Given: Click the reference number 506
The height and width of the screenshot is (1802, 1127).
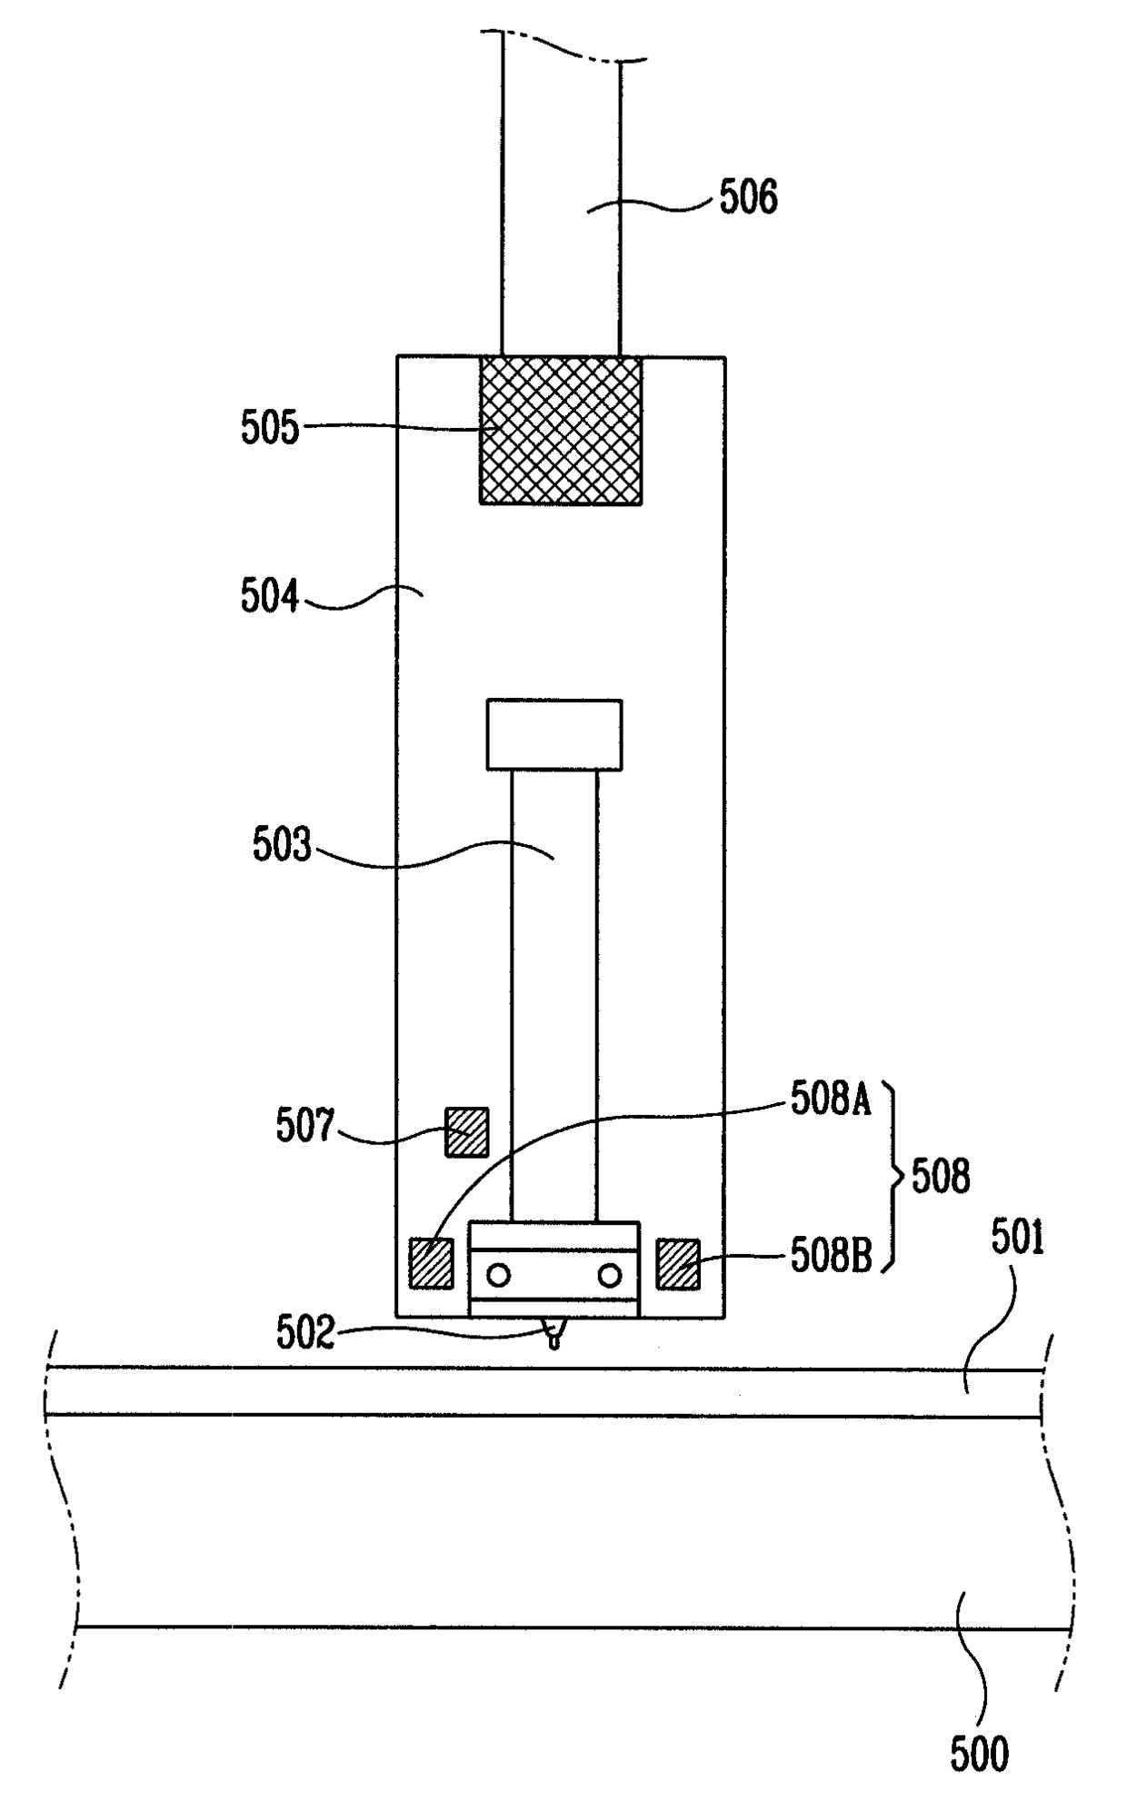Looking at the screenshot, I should pyautogui.click(x=748, y=197).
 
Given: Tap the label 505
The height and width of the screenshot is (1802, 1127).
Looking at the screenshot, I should pyautogui.click(x=269, y=428).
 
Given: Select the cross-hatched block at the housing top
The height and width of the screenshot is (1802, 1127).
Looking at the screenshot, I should pyautogui.click(x=561, y=430).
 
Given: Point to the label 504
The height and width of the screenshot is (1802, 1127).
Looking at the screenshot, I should pyautogui.click(x=269, y=597).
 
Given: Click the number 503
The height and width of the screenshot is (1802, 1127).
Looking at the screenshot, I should pyautogui.click(x=282, y=846).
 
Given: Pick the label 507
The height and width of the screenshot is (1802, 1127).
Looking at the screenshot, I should pyautogui.click(x=305, y=1127).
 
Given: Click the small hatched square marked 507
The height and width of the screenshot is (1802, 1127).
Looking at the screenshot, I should pyautogui.click(x=466, y=1132).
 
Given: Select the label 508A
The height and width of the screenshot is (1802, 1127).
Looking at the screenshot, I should pyautogui.click(x=831, y=1100).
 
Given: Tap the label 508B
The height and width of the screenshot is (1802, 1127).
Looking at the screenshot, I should pyautogui.click(x=831, y=1256).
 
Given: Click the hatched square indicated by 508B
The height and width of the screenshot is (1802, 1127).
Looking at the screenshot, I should pyautogui.click(x=678, y=1263).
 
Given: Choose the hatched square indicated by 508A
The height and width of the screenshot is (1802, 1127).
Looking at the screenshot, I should pyautogui.click(x=432, y=1263).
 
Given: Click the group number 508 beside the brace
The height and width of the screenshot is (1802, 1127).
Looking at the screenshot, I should pyautogui.click(x=941, y=1177).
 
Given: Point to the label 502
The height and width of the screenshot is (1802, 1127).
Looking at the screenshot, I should pyautogui.click(x=305, y=1334).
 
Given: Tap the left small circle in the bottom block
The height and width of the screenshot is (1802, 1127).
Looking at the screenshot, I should pyautogui.click(x=498, y=1275).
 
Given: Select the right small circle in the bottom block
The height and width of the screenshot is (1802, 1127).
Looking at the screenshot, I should pyautogui.click(x=609, y=1275).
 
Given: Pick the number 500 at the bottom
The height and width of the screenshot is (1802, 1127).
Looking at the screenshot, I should pyautogui.click(x=980, y=1754).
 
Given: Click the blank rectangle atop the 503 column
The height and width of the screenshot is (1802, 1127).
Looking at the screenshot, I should pyautogui.click(x=554, y=735).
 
